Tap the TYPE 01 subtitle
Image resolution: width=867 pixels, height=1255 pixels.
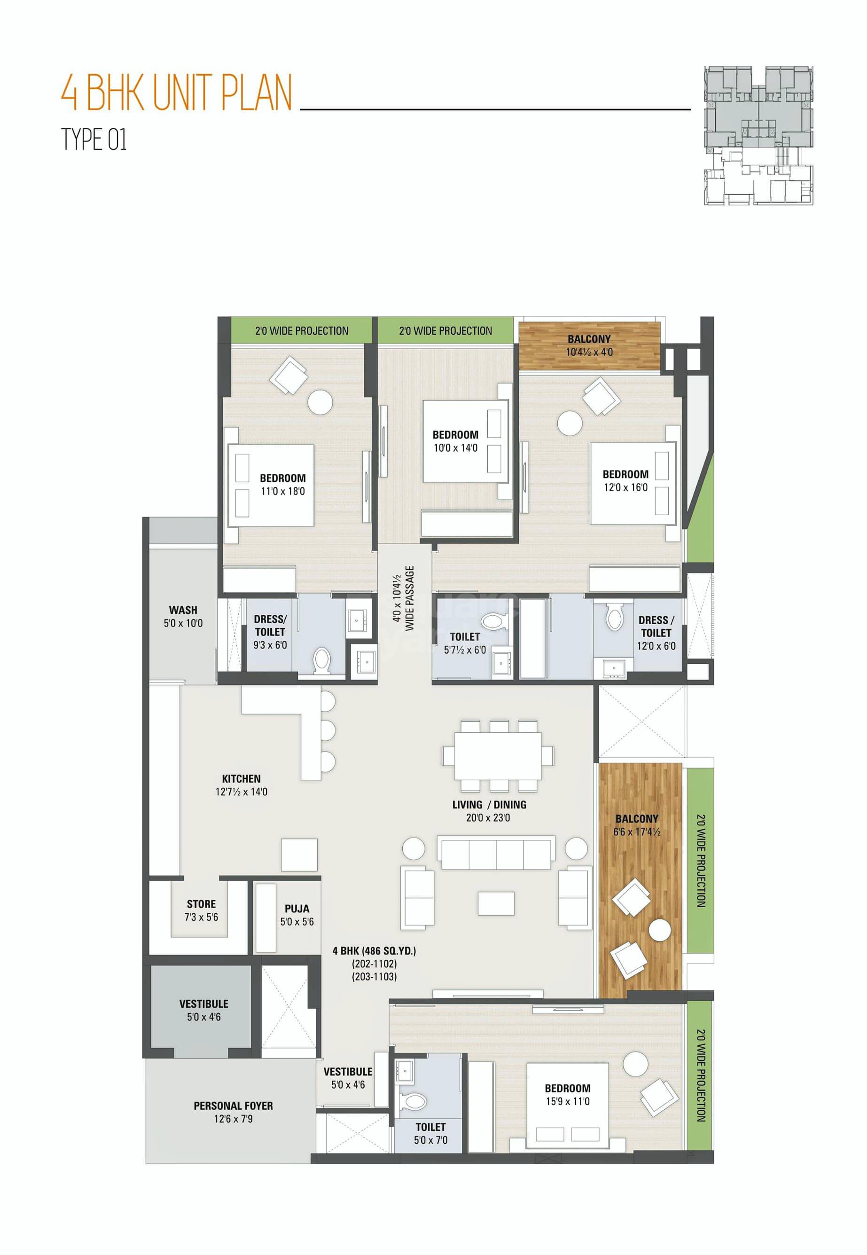94,140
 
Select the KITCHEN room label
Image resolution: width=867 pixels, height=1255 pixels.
241,778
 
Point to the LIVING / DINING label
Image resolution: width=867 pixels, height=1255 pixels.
489,805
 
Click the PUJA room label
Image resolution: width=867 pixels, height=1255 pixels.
297,909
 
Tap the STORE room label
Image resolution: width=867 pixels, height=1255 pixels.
201,904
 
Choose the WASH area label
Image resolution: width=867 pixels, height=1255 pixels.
182,610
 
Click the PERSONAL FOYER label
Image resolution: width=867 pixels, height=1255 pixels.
233,1106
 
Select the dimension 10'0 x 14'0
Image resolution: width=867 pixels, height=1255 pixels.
455,448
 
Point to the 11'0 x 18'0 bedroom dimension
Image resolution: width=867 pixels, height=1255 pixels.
282,492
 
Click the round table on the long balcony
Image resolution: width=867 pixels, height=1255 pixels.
661,930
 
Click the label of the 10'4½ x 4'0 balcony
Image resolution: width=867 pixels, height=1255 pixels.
589,339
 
